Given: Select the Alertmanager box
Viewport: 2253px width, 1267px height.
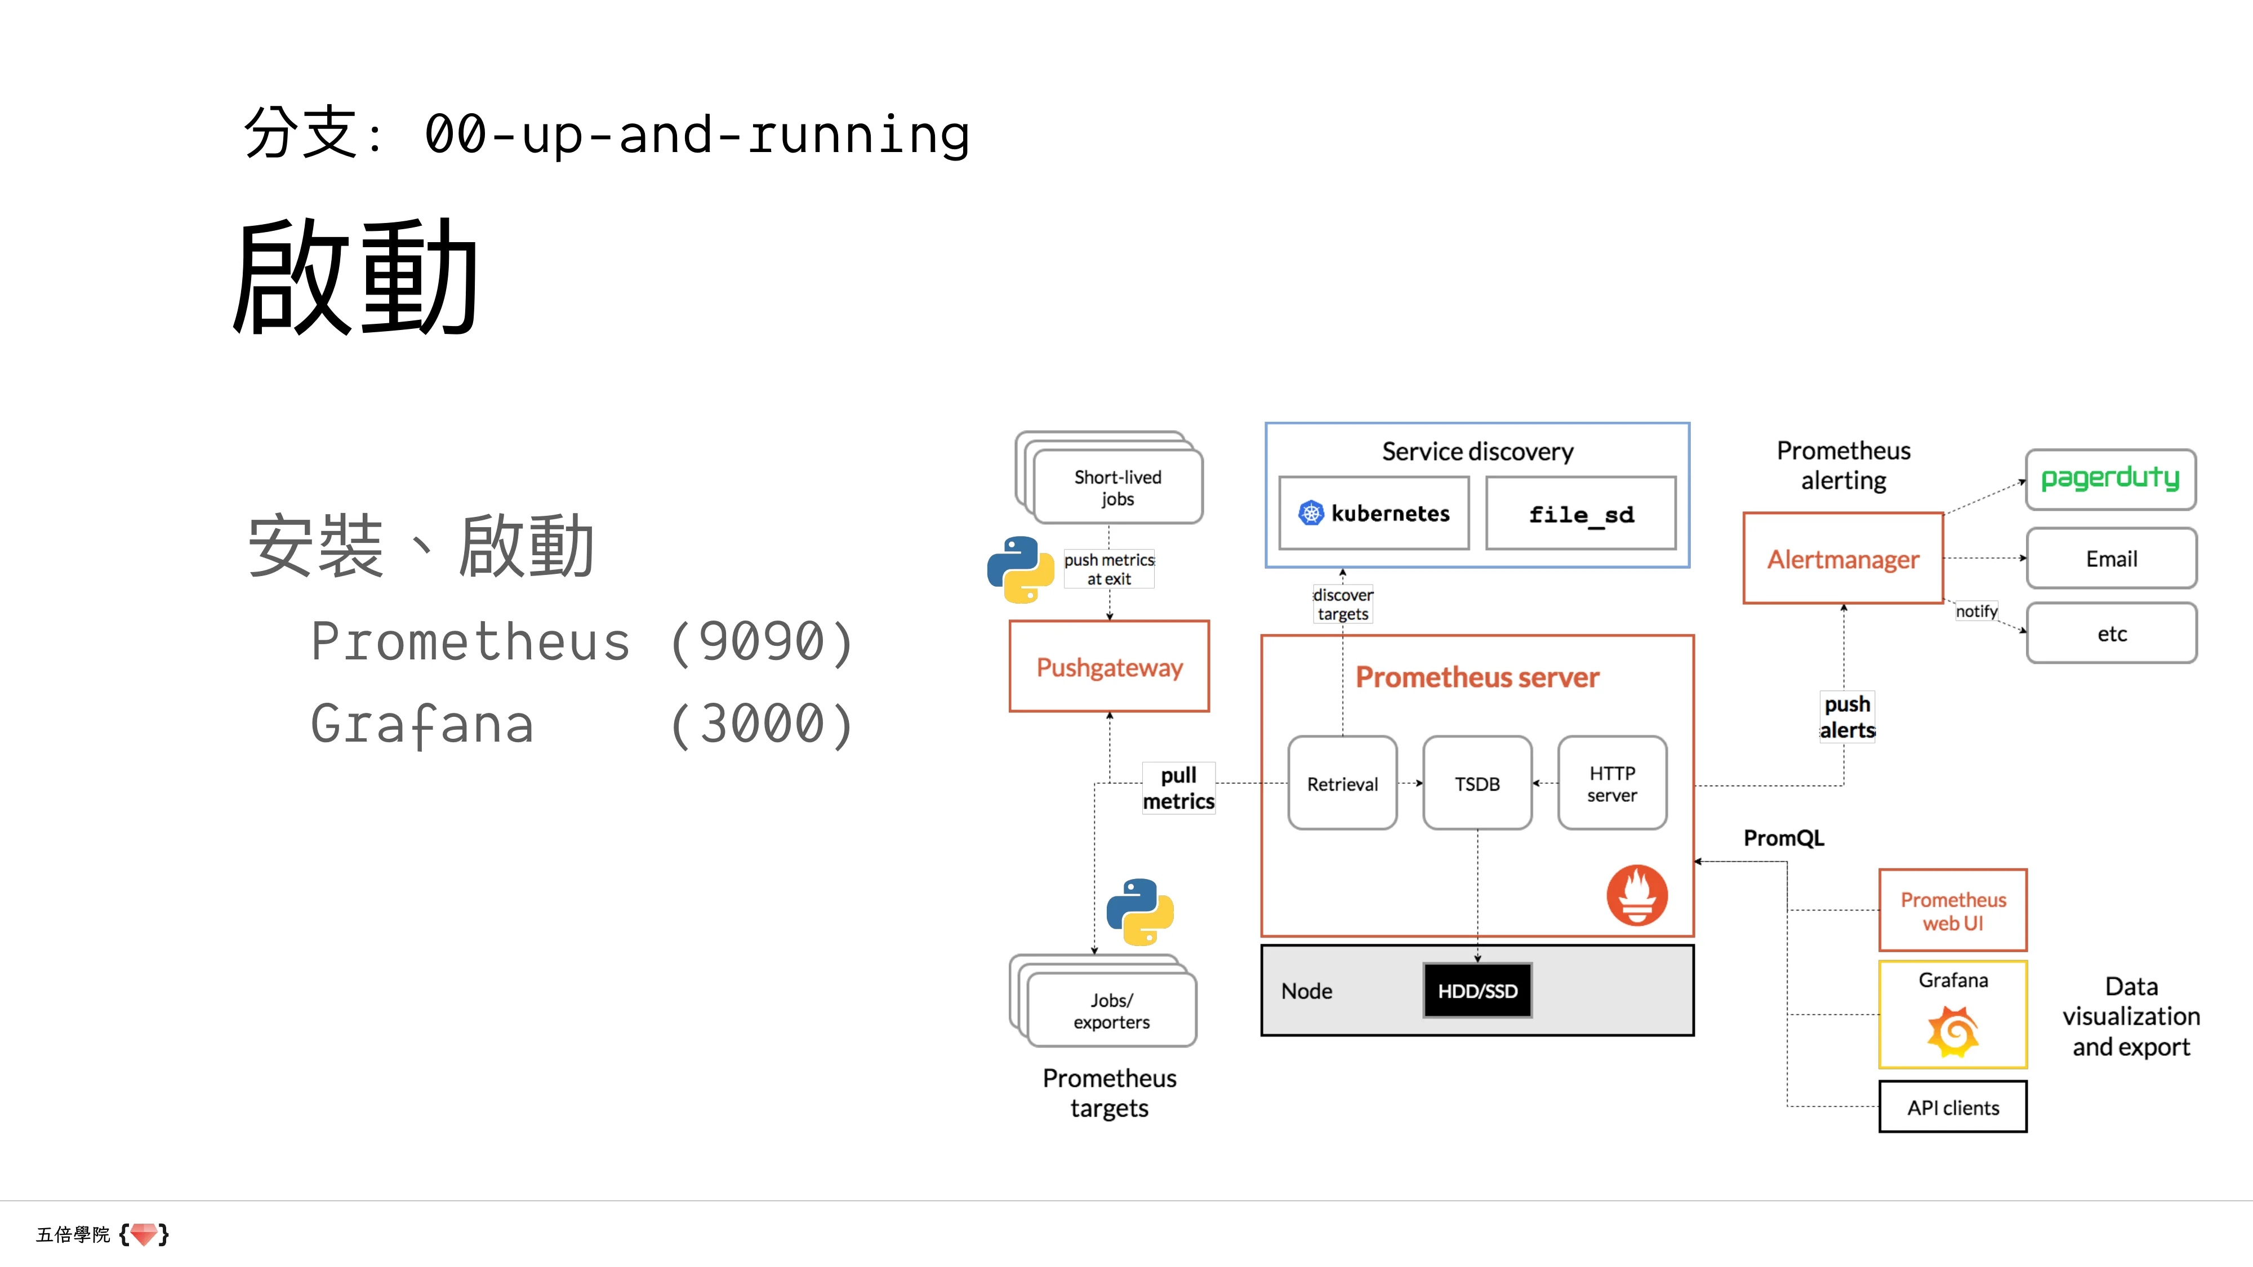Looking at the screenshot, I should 1843,559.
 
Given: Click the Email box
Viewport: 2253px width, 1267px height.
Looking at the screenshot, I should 2110,559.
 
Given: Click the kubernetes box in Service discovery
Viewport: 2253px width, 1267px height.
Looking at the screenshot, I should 1374,513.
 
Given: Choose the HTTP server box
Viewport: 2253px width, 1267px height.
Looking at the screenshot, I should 1612,783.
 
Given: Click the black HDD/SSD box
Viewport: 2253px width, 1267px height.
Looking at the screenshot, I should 1477,991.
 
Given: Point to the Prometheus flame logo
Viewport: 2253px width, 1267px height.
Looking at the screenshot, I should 1636,895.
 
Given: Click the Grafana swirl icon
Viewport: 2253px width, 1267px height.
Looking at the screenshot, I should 1952,1031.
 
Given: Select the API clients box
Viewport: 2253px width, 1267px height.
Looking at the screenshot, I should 1952,1107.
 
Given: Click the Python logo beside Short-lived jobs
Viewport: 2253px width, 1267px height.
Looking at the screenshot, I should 1020,569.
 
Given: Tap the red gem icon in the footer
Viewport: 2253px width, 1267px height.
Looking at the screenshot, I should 144,1234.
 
